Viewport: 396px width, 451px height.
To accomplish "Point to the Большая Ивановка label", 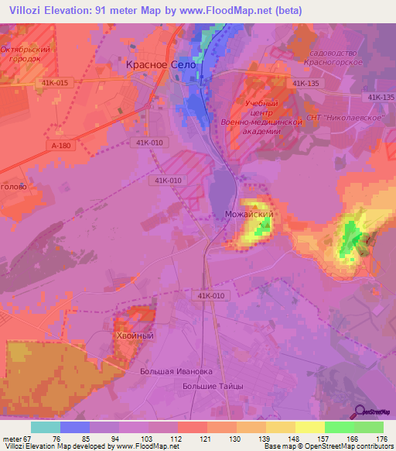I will tap(176, 371).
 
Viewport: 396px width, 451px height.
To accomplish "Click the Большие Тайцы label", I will tap(212, 385).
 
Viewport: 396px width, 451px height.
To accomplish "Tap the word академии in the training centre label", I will tap(255, 132).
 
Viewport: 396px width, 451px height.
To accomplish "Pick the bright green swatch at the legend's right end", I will tap(369, 426).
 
